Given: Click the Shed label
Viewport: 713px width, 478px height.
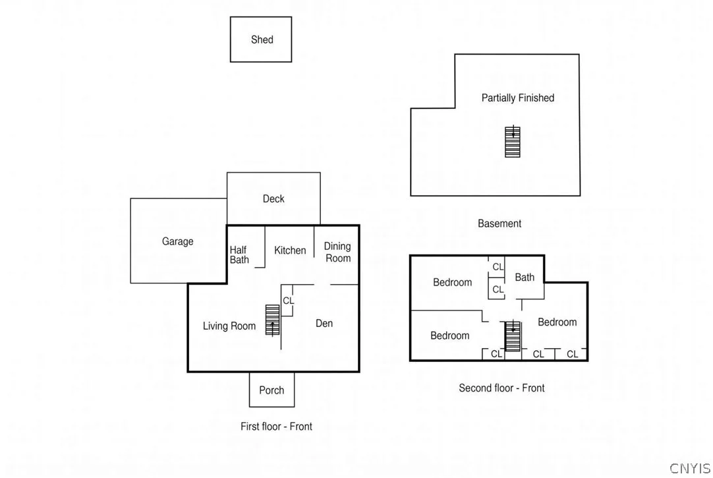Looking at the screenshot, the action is [x=262, y=40].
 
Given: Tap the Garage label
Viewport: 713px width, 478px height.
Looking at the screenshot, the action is [x=177, y=241].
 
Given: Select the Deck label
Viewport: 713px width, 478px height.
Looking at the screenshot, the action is [x=273, y=198].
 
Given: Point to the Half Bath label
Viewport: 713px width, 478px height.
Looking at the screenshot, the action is [x=239, y=254].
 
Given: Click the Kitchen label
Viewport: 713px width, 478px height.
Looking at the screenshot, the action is [x=290, y=250].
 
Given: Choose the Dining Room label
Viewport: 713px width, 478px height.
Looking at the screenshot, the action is [x=337, y=252].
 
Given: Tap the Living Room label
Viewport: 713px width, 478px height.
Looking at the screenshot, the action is [x=229, y=326].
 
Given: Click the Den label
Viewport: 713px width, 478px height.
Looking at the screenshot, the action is [x=324, y=323].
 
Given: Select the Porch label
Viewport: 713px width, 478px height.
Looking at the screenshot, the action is [x=271, y=390].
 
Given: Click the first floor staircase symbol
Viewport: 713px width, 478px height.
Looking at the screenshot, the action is [x=272, y=320].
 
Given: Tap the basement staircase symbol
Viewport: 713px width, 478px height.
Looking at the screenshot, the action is [x=513, y=142].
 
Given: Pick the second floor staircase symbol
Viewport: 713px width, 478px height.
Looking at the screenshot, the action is [x=513, y=336].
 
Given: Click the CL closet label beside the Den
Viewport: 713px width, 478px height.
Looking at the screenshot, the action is [x=288, y=301].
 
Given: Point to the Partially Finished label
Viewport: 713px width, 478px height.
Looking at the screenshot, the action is [x=518, y=98].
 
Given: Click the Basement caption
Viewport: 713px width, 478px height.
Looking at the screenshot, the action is [x=499, y=224].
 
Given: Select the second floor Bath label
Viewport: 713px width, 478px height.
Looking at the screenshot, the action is [x=525, y=277].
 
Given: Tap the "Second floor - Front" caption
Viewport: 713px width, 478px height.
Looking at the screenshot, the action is [x=501, y=388].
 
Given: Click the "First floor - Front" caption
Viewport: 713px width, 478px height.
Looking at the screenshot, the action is [x=277, y=426].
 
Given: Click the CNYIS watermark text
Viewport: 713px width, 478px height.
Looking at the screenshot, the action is [x=690, y=468].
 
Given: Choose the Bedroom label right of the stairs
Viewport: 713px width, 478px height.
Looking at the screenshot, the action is [x=557, y=322].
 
